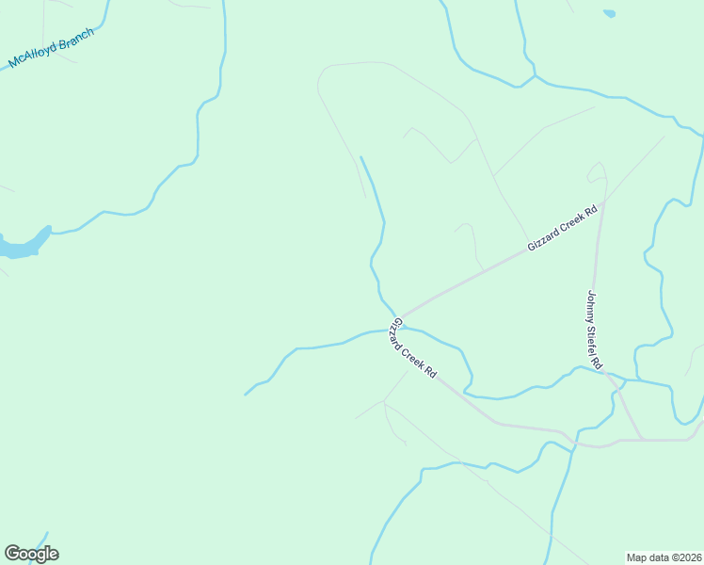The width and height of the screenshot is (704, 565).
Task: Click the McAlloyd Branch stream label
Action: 52,48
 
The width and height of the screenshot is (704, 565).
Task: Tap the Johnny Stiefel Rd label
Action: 594,330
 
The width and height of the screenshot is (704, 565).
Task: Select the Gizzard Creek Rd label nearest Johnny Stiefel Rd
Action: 563,230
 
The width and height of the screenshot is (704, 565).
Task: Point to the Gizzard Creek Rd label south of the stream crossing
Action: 413,347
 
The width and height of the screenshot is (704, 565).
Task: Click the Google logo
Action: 31,554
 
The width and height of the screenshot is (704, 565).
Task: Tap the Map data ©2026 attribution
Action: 664,557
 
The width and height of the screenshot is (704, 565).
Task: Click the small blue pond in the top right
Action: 609,14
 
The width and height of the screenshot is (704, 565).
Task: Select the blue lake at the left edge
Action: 21,248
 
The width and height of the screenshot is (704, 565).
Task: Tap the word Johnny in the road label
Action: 592,306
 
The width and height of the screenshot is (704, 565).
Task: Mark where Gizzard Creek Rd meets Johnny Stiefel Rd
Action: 605,200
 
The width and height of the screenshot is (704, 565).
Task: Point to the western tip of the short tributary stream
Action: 246,394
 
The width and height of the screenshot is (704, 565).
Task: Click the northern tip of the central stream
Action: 360,157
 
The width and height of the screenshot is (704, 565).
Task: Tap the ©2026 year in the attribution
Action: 682,557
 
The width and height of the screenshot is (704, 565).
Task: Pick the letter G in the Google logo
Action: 12,553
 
